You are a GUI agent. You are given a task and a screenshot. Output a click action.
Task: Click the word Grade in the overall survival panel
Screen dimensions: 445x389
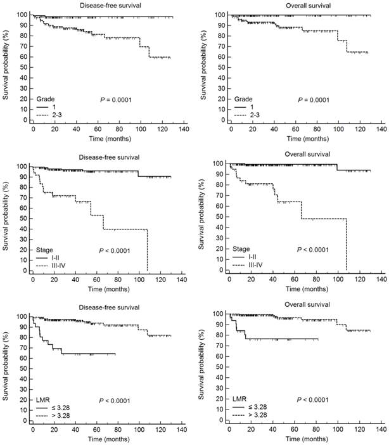pos(243,100)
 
